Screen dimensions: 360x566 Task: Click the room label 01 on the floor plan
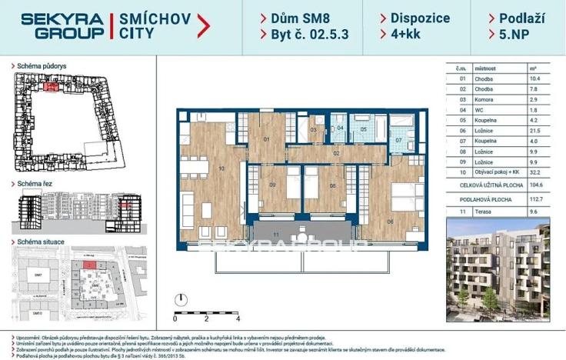tap(266, 140)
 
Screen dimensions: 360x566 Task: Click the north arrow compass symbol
tap(179, 299)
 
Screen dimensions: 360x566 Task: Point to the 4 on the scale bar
tap(238, 318)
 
